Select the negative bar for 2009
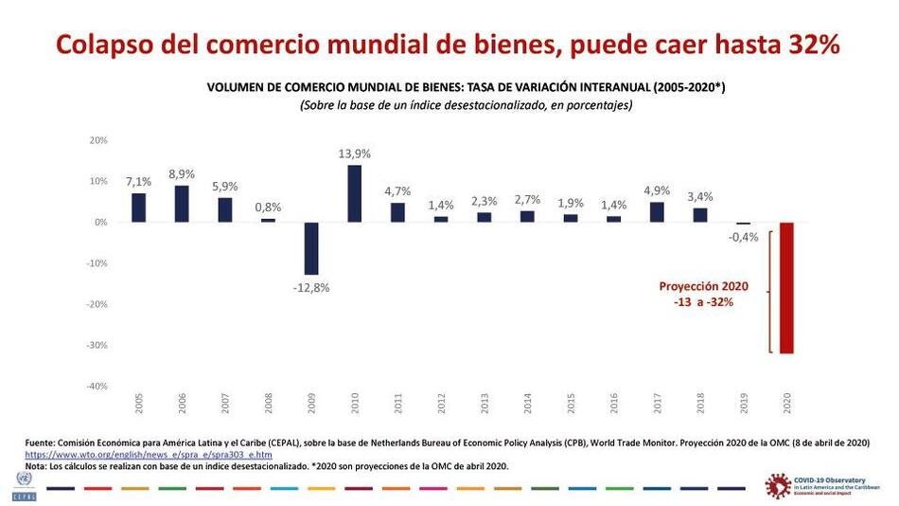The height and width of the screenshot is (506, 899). (311, 248)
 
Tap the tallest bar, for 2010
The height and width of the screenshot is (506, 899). (355, 193)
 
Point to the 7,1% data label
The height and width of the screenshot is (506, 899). (138, 182)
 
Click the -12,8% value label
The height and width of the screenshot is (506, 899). (310, 288)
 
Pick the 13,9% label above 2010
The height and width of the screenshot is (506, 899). (355, 154)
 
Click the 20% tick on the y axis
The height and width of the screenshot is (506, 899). (98, 140)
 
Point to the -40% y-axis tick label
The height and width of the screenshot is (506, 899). (97, 387)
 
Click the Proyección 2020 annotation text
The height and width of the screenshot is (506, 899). (703, 286)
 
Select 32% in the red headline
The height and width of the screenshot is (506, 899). (815, 44)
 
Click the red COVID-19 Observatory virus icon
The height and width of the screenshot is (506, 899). (777, 485)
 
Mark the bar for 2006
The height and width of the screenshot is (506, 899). (182, 204)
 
